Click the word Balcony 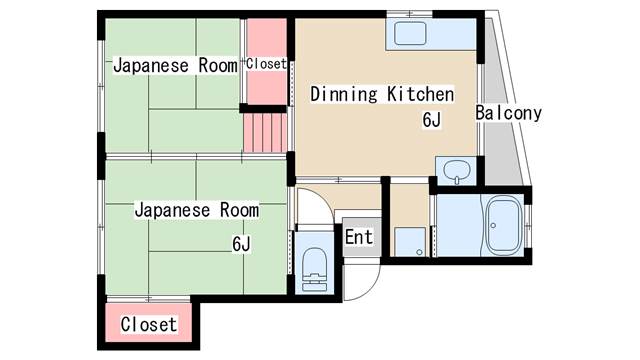tap(508, 113)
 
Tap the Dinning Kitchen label tap(382, 95)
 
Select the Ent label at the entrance tap(358, 237)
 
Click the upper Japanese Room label tap(175, 66)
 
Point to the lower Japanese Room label tap(196, 210)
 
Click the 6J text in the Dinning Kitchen tap(432, 120)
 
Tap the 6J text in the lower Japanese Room tap(241, 243)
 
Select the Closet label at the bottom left tap(149, 325)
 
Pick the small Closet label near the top tap(267, 64)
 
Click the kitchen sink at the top tap(410, 36)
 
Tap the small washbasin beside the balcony tap(457, 170)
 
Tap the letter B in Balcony tap(480, 113)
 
